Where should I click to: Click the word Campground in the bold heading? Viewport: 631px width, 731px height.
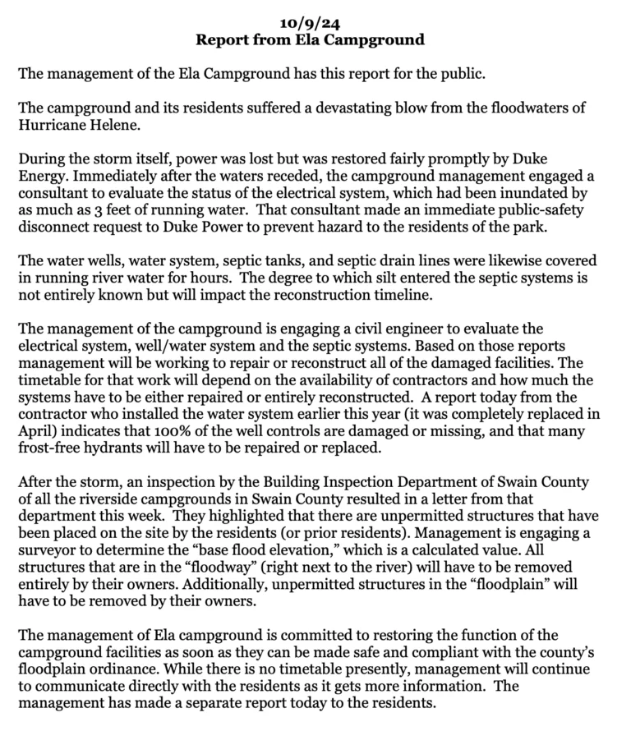tap(383, 39)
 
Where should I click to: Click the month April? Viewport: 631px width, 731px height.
tap(37, 425)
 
